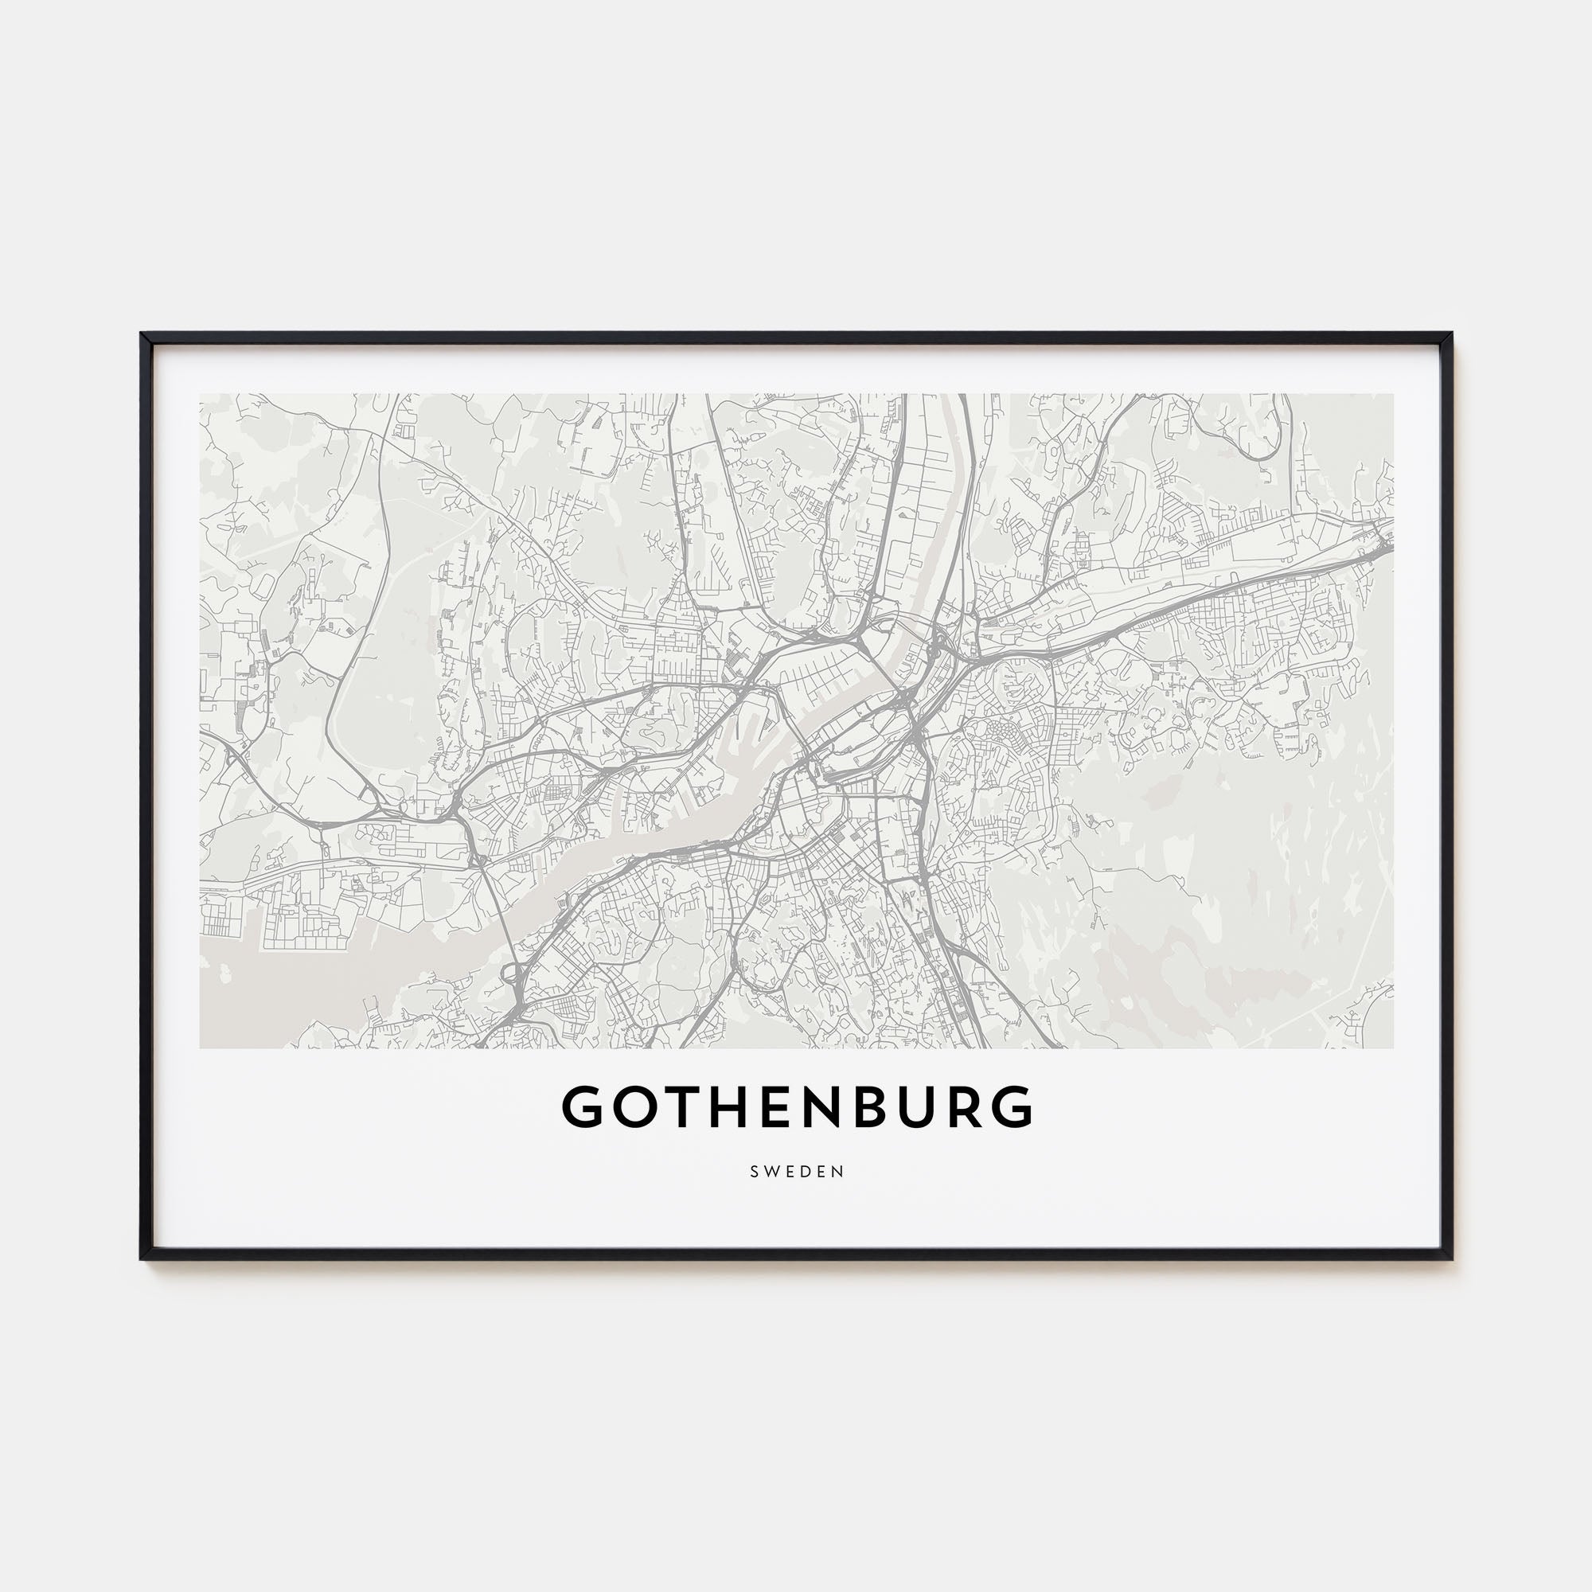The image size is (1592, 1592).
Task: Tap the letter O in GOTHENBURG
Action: [x=632, y=1106]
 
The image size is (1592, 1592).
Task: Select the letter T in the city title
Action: [x=677, y=1106]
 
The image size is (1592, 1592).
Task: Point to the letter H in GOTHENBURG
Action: [x=721, y=1106]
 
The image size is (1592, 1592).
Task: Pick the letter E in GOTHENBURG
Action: [x=767, y=1106]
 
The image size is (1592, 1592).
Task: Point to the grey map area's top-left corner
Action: [x=201, y=395]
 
